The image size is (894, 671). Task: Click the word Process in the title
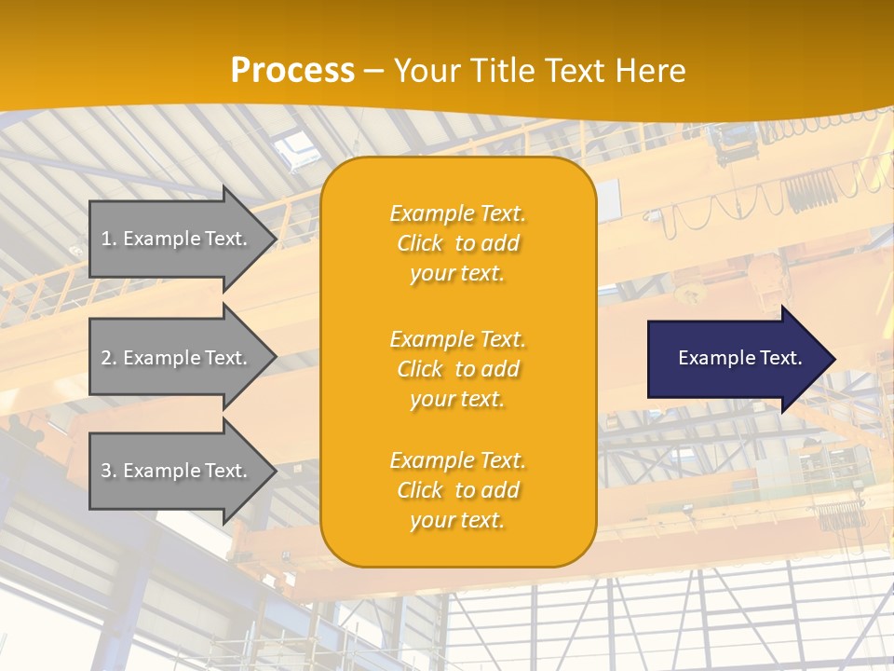[292, 71]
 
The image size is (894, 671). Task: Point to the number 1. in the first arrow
[109, 239]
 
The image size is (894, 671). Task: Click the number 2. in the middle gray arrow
[109, 358]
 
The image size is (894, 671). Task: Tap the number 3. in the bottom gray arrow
[109, 471]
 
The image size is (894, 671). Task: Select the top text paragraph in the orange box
[457, 243]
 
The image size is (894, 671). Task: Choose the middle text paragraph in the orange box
[457, 369]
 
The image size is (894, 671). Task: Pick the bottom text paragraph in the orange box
[457, 490]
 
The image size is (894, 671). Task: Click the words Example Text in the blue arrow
[740, 358]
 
